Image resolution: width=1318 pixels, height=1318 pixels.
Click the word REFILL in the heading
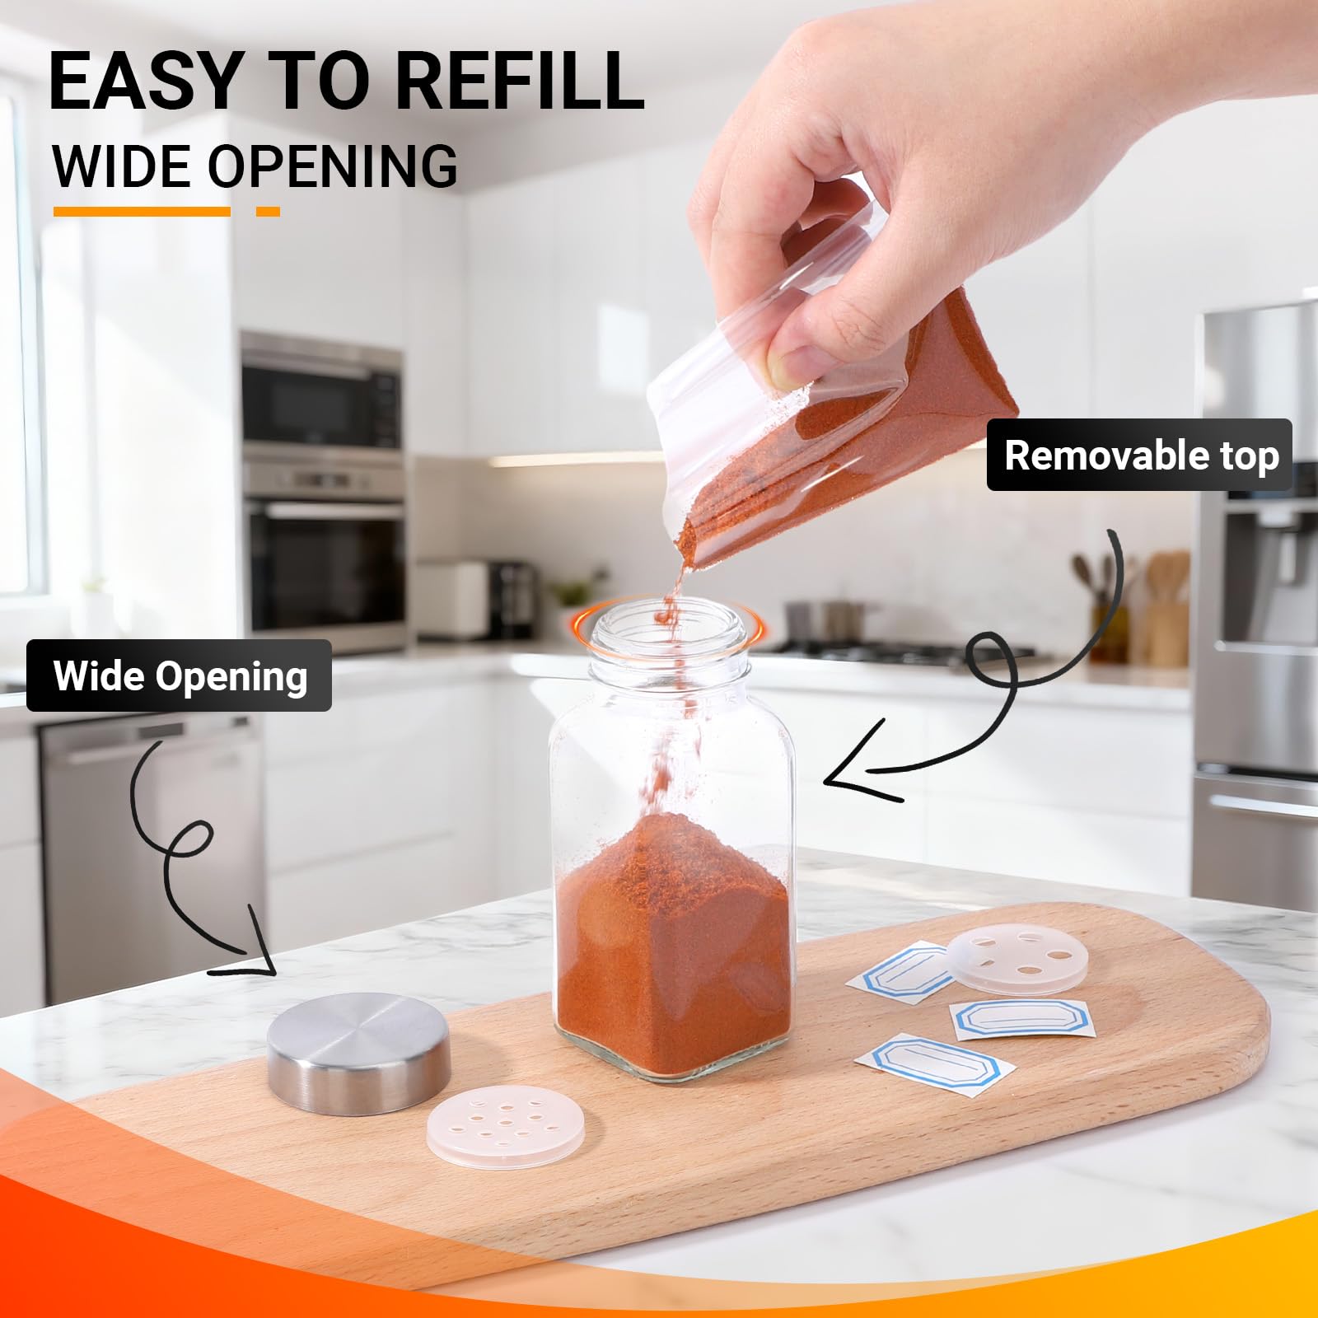pos(523,82)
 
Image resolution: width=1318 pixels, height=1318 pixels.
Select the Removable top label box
pos(1140,455)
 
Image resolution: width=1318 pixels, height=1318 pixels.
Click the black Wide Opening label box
pos(180,675)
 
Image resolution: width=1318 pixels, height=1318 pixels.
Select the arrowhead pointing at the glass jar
pos(857,762)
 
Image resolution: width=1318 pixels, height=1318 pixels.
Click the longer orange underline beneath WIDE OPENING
pos(142,212)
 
